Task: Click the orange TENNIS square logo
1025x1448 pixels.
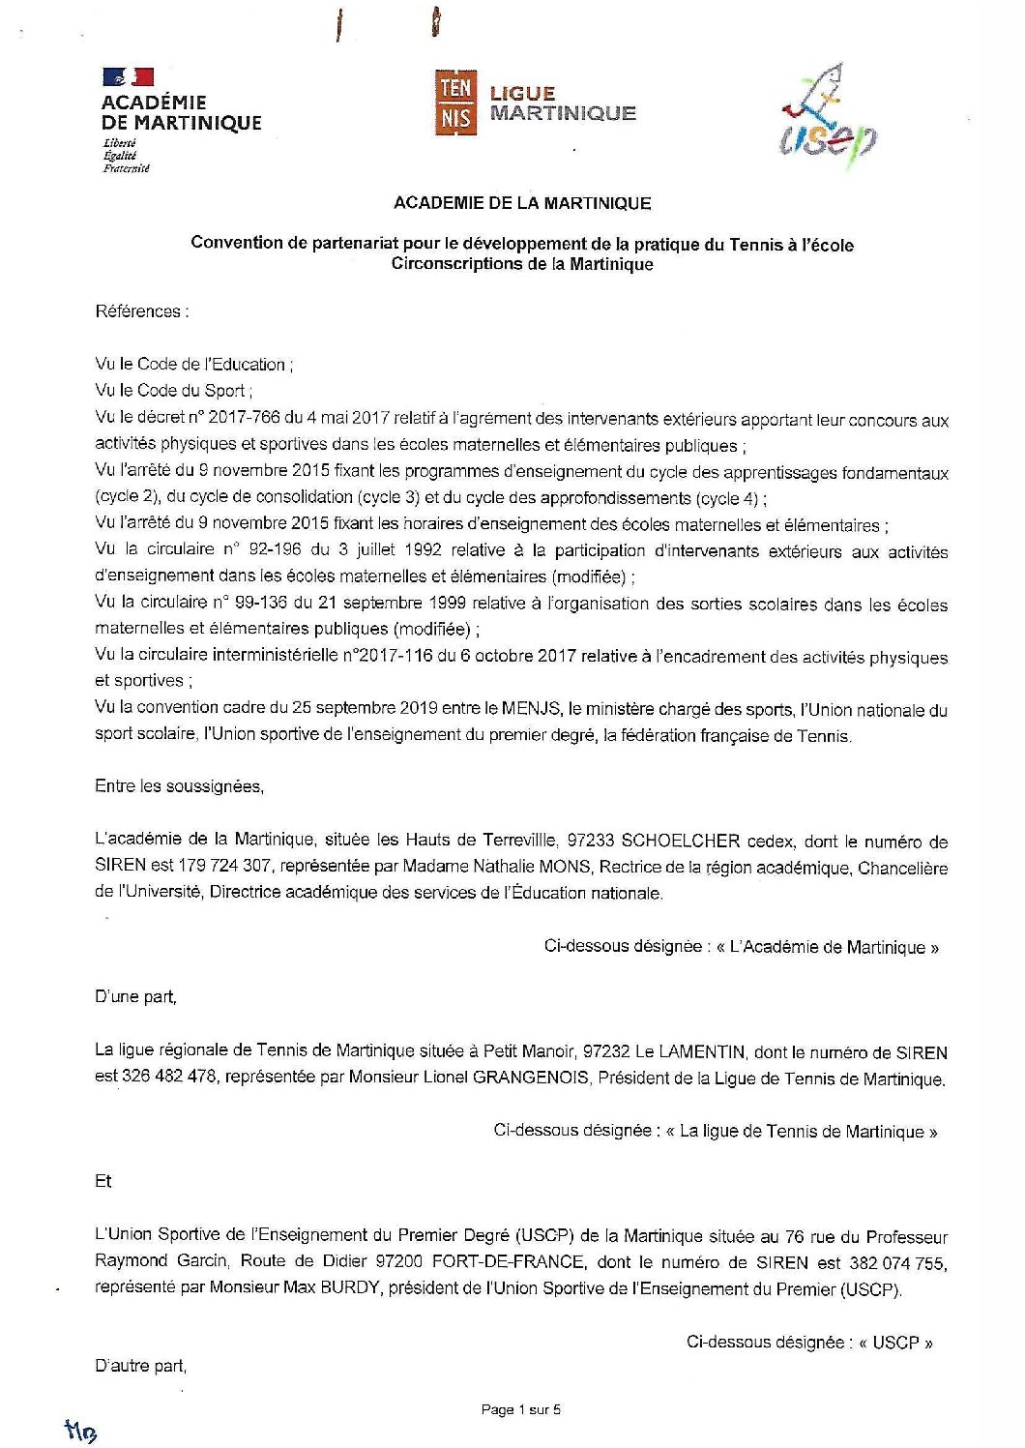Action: (x=454, y=102)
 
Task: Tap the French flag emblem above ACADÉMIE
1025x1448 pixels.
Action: (x=128, y=76)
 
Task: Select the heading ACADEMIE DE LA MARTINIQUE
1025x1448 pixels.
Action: (x=522, y=203)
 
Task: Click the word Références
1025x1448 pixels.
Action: (x=139, y=311)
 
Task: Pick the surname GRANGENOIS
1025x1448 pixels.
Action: (x=530, y=1078)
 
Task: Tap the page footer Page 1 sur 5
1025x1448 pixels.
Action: (x=521, y=1409)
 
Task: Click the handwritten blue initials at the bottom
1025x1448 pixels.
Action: (x=82, y=1431)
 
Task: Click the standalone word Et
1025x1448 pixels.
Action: (x=103, y=1181)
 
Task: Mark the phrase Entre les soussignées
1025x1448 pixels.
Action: (x=179, y=786)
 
